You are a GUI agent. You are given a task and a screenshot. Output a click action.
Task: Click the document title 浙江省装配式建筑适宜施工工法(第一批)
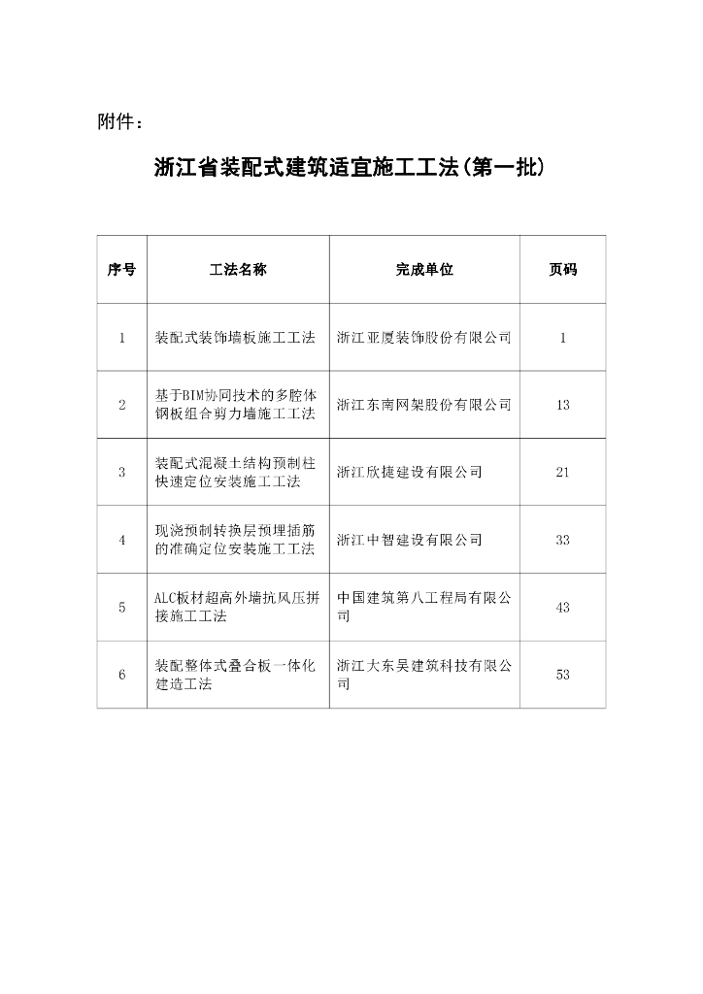point(350,167)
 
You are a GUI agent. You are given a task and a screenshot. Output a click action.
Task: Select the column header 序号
point(121,270)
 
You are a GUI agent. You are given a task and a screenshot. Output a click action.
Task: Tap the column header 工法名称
point(238,270)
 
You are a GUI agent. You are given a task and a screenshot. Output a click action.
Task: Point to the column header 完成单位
point(424,270)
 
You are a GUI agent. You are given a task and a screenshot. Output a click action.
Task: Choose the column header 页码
point(563,270)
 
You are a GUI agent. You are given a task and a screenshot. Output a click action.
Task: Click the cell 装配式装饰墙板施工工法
point(236,338)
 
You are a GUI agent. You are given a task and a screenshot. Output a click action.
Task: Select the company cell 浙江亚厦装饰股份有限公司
point(423,338)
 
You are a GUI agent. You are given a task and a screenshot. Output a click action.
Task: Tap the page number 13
point(563,405)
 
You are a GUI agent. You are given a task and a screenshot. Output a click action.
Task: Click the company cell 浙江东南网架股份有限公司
point(423,405)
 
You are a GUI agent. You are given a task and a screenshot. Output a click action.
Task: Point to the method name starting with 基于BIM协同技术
point(236,405)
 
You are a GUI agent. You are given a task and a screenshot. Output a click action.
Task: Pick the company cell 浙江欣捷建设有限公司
point(409,472)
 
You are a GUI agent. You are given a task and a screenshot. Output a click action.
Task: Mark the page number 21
point(563,472)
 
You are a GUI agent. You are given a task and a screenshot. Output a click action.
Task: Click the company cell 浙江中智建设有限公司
point(409,540)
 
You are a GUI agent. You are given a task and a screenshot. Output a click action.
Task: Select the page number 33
point(563,540)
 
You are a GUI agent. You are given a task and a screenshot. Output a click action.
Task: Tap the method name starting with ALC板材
point(236,607)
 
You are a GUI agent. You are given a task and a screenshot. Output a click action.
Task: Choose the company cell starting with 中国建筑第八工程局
point(423,607)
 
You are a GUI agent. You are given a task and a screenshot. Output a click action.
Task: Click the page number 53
point(563,675)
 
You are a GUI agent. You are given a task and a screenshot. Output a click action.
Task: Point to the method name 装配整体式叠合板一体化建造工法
point(236,675)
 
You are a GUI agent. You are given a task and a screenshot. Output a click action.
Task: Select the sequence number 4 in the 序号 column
point(122,540)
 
